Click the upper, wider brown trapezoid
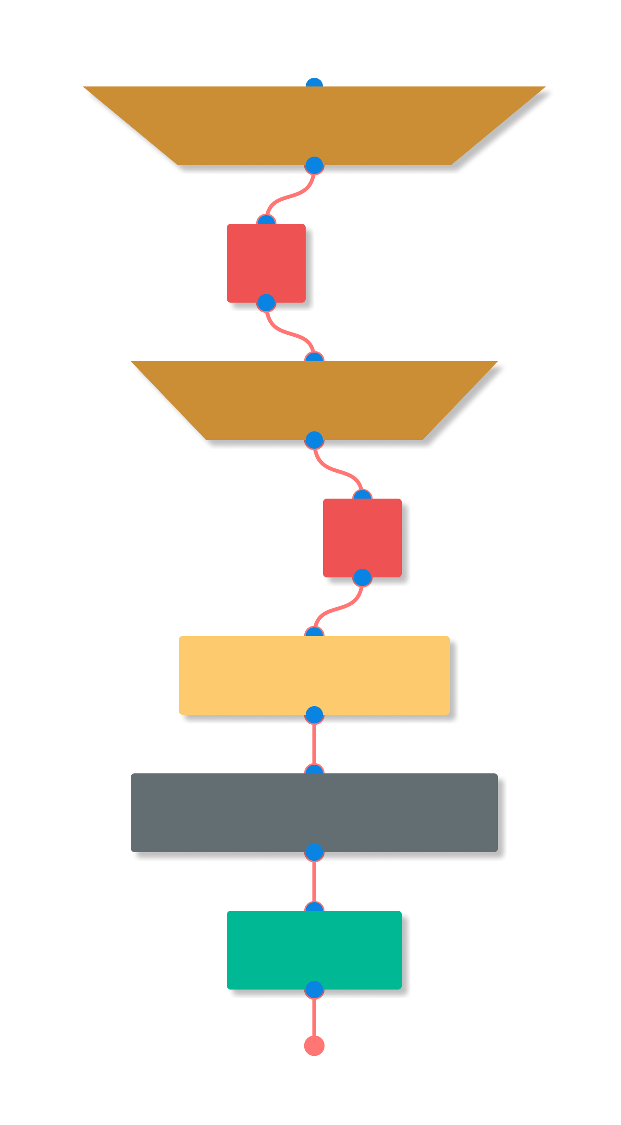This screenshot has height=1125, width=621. (314, 125)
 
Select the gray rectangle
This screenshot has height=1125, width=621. (314, 812)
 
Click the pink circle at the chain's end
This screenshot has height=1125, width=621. (314, 1046)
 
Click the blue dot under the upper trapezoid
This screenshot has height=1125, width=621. (314, 166)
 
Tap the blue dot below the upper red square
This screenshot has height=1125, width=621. (266, 303)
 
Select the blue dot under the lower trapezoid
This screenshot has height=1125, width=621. (314, 440)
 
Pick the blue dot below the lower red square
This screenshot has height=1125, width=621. (362, 578)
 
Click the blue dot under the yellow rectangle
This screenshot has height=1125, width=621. (314, 715)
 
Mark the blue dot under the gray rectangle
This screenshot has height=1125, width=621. (314, 853)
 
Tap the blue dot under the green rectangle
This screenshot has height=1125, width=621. (314, 990)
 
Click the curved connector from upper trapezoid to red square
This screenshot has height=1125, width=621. (290, 196)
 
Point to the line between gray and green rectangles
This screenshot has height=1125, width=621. (314, 881)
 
